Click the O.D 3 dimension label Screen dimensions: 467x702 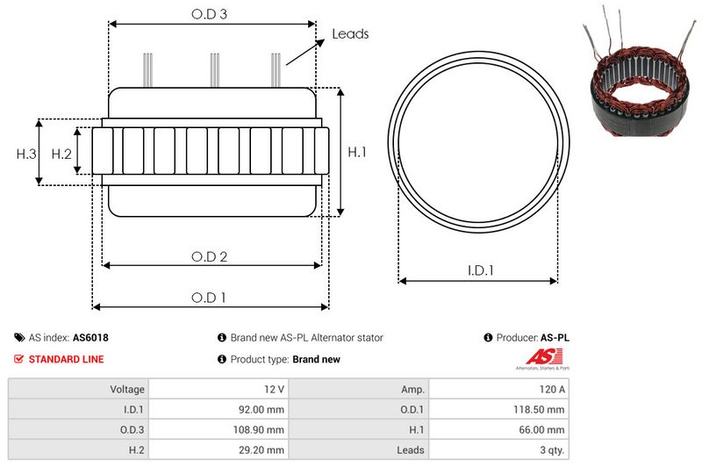click(210, 14)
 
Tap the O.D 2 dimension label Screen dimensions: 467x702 click(210, 257)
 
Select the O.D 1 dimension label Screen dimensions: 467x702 click(209, 298)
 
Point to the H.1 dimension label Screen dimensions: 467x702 click(357, 153)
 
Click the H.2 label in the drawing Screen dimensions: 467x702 click(61, 154)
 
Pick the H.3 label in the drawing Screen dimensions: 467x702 click(26, 154)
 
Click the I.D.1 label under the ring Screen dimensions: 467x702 click(478, 271)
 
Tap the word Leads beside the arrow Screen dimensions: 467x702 click(350, 34)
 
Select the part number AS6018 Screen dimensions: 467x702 click(90, 337)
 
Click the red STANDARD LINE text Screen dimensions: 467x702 click(66, 359)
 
